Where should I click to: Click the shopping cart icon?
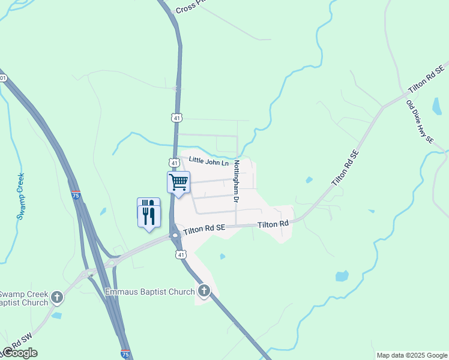point(179,181)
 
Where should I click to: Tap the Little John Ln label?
point(209,161)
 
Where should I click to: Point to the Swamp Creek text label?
point(21,196)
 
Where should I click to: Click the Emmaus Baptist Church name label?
point(150,292)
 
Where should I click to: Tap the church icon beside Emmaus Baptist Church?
point(204,292)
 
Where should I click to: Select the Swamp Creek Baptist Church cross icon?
point(57,297)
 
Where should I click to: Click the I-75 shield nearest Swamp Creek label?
point(76,195)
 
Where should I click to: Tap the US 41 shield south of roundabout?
point(181,255)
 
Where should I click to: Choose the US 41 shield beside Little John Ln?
point(173,163)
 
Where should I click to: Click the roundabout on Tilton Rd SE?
point(175,235)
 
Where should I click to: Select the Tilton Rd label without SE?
point(273,224)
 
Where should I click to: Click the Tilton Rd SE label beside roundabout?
point(204,229)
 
